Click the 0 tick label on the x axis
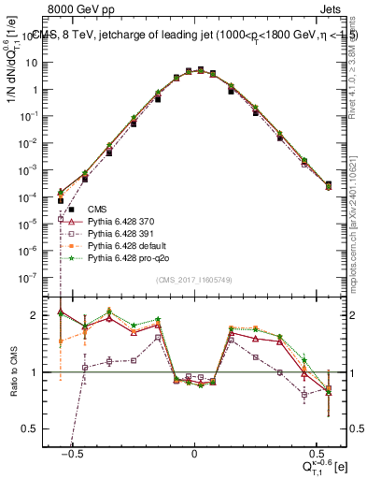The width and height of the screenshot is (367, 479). coord(194,450)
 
